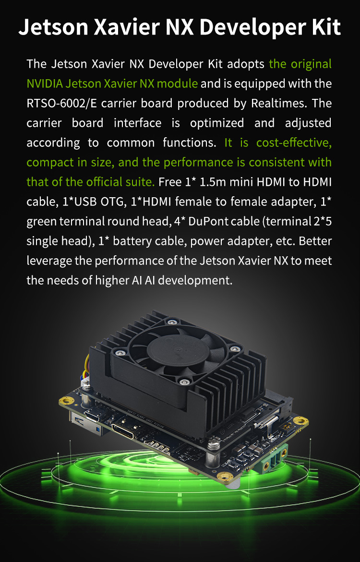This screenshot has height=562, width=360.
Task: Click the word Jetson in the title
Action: (x=53, y=27)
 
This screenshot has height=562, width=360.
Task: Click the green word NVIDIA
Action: (x=45, y=84)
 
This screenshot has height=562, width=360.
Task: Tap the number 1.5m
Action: (x=212, y=182)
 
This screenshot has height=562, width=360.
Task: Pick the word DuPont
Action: (x=208, y=221)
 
